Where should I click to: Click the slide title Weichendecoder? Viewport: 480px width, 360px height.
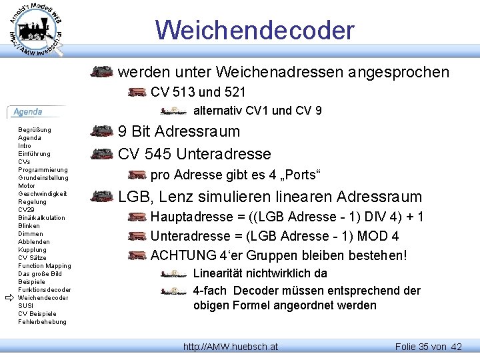click(255, 30)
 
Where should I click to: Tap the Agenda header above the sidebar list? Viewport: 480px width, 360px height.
click(28, 112)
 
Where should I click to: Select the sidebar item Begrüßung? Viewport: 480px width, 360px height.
click(35, 130)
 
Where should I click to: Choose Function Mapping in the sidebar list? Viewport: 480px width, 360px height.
click(45, 266)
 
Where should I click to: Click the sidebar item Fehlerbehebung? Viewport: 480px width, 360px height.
click(43, 322)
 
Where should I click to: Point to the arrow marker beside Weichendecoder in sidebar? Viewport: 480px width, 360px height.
click(9, 298)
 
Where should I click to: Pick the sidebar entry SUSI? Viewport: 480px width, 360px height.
click(25, 306)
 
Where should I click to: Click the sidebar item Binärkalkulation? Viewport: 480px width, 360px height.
click(42, 218)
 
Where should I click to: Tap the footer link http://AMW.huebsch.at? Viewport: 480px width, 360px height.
click(231, 347)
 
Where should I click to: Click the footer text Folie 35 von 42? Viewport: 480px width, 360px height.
click(428, 347)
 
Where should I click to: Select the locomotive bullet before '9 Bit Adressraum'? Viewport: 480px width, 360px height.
click(102, 131)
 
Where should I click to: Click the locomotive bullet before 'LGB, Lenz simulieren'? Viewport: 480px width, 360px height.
click(102, 197)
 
